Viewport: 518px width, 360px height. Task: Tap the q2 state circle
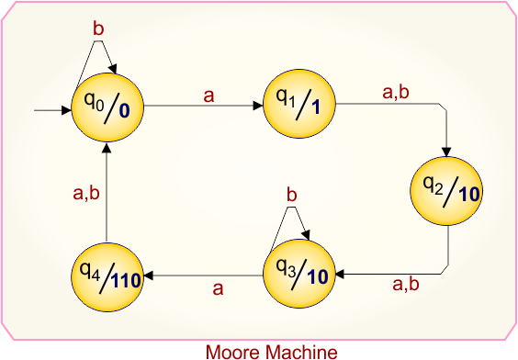point(446,190)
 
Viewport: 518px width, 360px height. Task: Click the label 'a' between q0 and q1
point(208,95)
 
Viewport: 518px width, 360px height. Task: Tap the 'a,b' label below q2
point(405,285)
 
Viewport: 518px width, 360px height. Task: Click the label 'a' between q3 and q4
point(219,288)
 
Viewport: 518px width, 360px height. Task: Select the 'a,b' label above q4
point(85,193)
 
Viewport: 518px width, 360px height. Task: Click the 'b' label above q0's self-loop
point(98,28)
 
